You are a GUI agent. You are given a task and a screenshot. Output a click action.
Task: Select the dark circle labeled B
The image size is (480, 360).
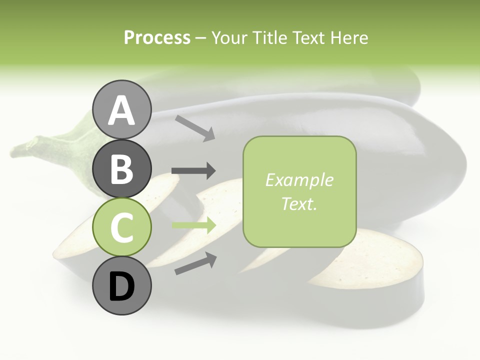click(x=122, y=169)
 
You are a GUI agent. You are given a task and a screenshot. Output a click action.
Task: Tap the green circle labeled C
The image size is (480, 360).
click(x=122, y=227)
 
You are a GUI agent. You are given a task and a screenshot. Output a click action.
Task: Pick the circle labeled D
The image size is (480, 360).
click(x=122, y=285)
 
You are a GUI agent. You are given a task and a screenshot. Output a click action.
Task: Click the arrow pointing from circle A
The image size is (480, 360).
click(x=195, y=127)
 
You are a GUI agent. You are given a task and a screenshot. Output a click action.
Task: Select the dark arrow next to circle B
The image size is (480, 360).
click(x=193, y=171)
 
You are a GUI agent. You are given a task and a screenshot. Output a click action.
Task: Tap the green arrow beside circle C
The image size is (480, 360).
click(x=193, y=225)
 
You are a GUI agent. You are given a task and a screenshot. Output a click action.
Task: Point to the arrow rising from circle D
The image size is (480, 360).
click(x=195, y=263)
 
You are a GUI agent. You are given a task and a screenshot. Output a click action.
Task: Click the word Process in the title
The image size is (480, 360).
click(x=157, y=37)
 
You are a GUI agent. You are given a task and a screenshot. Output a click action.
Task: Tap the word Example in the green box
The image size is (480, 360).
click(x=299, y=180)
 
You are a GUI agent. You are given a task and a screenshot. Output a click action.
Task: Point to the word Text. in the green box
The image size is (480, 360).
click(x=299, y=203)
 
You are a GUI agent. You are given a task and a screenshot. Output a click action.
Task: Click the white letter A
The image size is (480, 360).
click(x=122, y=111)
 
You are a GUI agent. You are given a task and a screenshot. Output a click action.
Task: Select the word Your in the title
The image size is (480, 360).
click(x=228, y=37)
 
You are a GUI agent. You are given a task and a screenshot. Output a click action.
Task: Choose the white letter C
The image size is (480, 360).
click(x=122, y=228)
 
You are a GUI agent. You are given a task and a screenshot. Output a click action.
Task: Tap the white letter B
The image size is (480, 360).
click(x=122, y=169)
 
